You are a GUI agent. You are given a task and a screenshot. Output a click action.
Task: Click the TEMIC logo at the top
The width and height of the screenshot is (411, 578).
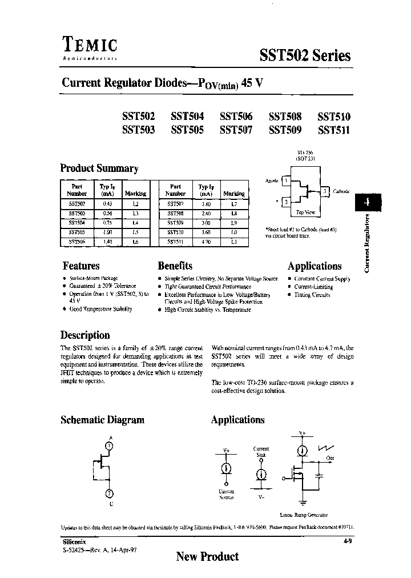coord(89,45)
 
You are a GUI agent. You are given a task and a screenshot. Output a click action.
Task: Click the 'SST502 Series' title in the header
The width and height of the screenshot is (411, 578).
coord(305,55)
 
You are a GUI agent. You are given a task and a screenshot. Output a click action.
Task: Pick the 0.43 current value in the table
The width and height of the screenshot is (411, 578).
coord(106,204)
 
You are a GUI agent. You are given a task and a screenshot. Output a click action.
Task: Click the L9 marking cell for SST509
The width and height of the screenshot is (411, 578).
coord(234,223)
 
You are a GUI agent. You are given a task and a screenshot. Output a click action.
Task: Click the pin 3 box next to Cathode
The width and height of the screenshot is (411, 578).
coord(325,191)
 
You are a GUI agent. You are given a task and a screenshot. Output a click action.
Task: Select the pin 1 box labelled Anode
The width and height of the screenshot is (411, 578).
coord(286,181)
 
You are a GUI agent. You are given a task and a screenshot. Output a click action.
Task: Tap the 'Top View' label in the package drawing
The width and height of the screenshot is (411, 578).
coord(305,212)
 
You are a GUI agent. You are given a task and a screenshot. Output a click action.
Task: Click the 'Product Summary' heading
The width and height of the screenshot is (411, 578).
coord(99,168)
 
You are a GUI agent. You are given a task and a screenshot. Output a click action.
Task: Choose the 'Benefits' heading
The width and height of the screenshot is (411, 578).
coord(175,266)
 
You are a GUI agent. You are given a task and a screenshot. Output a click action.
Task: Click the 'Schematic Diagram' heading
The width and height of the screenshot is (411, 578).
coord(102,420)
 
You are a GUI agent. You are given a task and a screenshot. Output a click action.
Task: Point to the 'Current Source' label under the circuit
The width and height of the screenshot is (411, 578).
coord(227,495)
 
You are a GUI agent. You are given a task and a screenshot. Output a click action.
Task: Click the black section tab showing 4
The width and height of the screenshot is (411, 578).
coord(367,202)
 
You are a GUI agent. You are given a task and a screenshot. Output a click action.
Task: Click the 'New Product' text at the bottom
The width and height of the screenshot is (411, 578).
coord(207,556)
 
